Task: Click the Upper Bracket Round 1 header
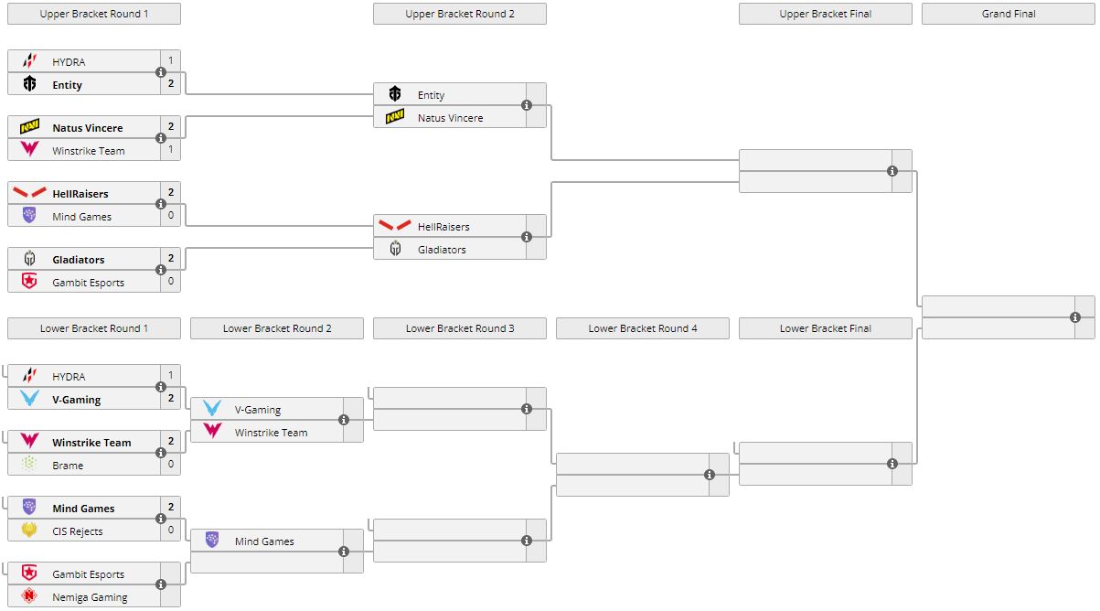94,14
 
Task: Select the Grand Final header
1009,14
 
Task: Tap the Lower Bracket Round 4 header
643,328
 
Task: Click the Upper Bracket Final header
826,14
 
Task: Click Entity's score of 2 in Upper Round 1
170,84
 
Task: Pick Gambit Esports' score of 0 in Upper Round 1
170,282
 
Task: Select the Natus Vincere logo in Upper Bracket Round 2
395,117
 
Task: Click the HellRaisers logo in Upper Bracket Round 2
395,226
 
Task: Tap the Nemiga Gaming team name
90,597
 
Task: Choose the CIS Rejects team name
78,531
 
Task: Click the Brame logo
29,465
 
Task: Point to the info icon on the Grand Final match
1075,317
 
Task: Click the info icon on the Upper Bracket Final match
892,171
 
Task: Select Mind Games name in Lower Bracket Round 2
264,541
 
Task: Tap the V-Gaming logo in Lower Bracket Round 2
212,409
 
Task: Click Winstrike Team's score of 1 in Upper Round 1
170,150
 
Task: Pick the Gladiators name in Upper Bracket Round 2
442,250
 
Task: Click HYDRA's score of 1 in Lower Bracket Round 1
170,376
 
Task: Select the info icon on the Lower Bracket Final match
892,464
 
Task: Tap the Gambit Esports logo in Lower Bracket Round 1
29,573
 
